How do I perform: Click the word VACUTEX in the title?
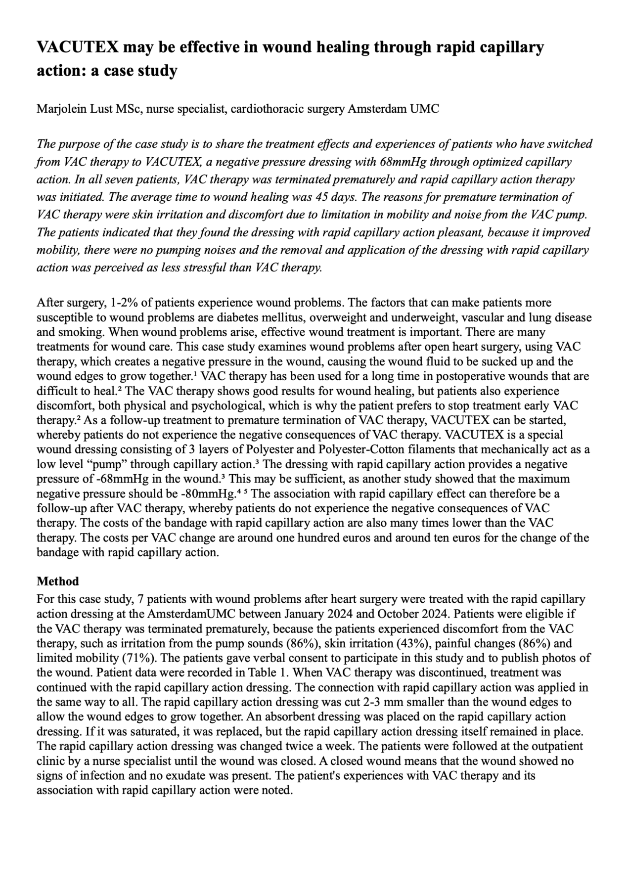coord(78,47)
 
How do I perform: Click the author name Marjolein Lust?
coord(74,109)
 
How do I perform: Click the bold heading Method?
coord(58,581)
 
